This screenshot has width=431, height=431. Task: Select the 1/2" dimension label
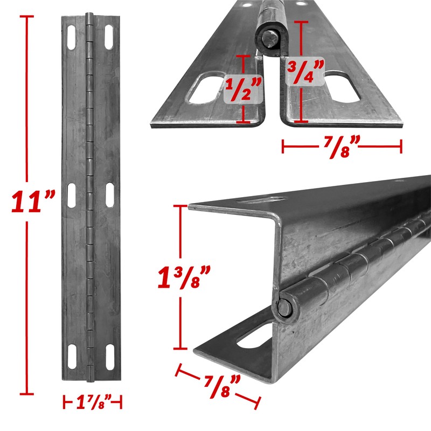click(242, 88)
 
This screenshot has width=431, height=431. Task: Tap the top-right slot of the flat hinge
click(110, 37)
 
